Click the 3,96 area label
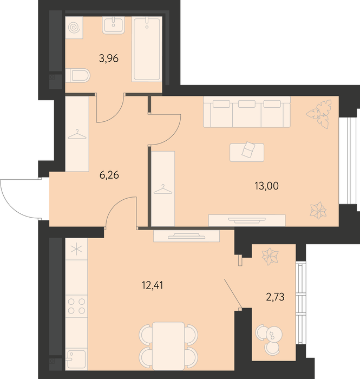109,58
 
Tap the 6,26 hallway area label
109,175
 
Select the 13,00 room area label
266,186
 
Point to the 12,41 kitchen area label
152,285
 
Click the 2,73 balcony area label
275,297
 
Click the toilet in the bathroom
78,75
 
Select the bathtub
147,49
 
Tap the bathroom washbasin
113,25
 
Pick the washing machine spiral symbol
74,28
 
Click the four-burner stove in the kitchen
76,306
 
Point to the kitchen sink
76,359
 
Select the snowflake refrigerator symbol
76,249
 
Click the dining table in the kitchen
168,346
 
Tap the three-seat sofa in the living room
247,112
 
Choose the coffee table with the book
247,152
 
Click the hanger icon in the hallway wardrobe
77,134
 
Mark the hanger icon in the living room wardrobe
163,190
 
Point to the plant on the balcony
270,257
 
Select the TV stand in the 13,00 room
247,220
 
